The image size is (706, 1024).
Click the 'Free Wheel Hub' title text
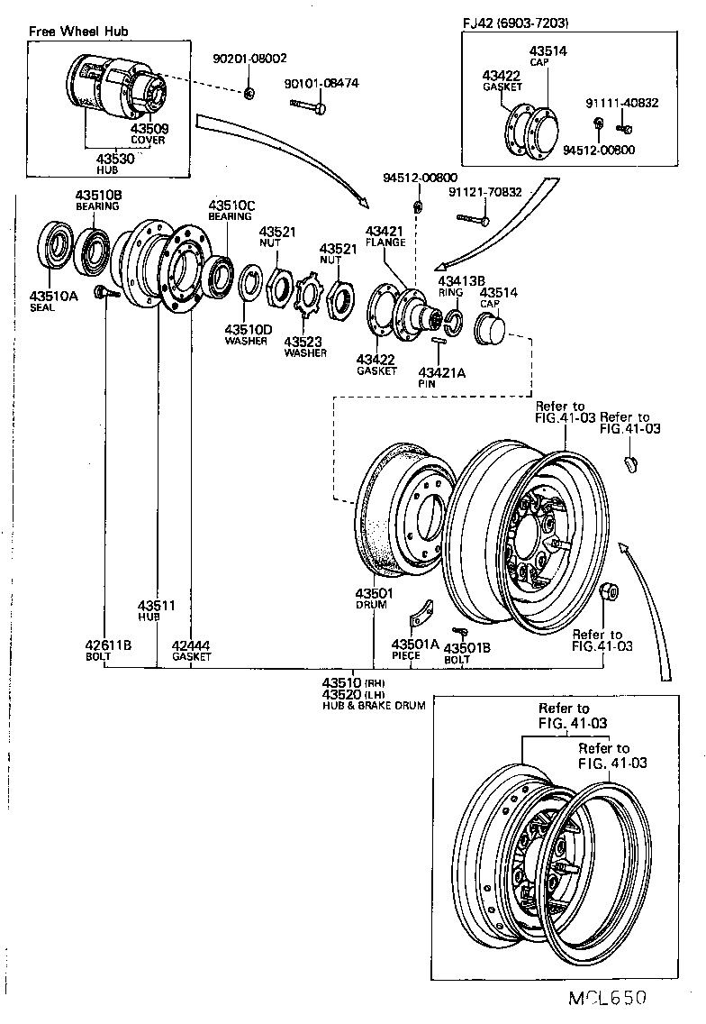click(x=78, y=32)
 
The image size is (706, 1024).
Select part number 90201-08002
click(x=250, y=59)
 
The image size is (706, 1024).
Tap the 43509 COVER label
click(x=148, y=134)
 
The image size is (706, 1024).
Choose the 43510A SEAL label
click(x=53, y=300)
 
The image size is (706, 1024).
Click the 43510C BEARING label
click(x=232, y=210)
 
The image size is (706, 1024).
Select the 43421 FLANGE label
click(x=385, y=236)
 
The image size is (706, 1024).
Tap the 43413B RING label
click(x=451, y=286)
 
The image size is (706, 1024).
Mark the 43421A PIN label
click(x=441, y=377)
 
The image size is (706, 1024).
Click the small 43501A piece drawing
click(x=419, y=619)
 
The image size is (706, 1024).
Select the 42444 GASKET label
click(x=191, y=650)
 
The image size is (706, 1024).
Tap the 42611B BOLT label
click(x=109, y=650)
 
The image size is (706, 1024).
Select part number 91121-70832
click(x=485, y=191)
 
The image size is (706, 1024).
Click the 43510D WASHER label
click(x=248, y=334)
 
